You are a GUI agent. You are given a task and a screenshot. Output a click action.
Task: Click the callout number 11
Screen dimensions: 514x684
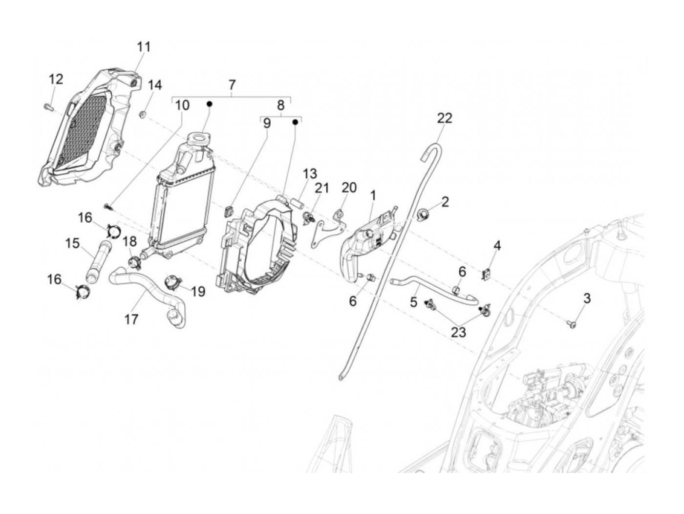click(x=144, y=47)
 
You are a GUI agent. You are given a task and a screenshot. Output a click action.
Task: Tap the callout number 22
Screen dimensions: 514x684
click(x=445, y=118)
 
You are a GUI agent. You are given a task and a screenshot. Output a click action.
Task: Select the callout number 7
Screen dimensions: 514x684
click(x=232, y=85)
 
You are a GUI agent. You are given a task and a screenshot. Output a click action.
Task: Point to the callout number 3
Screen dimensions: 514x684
click(x=587, y=298)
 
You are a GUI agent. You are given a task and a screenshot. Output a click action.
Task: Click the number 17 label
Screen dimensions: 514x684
click(x=131, y=319)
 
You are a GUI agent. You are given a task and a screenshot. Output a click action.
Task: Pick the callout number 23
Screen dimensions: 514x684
click(x=458, y=332)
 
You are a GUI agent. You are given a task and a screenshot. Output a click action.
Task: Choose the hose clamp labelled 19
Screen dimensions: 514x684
click(x=172, y=281)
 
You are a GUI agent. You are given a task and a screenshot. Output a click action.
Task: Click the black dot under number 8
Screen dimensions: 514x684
click(x=295, y=122)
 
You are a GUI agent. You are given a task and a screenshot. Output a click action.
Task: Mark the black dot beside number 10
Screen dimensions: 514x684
click(x=210, y=104)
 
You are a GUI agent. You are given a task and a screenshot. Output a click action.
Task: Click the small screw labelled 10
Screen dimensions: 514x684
click(x=108, y=207)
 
